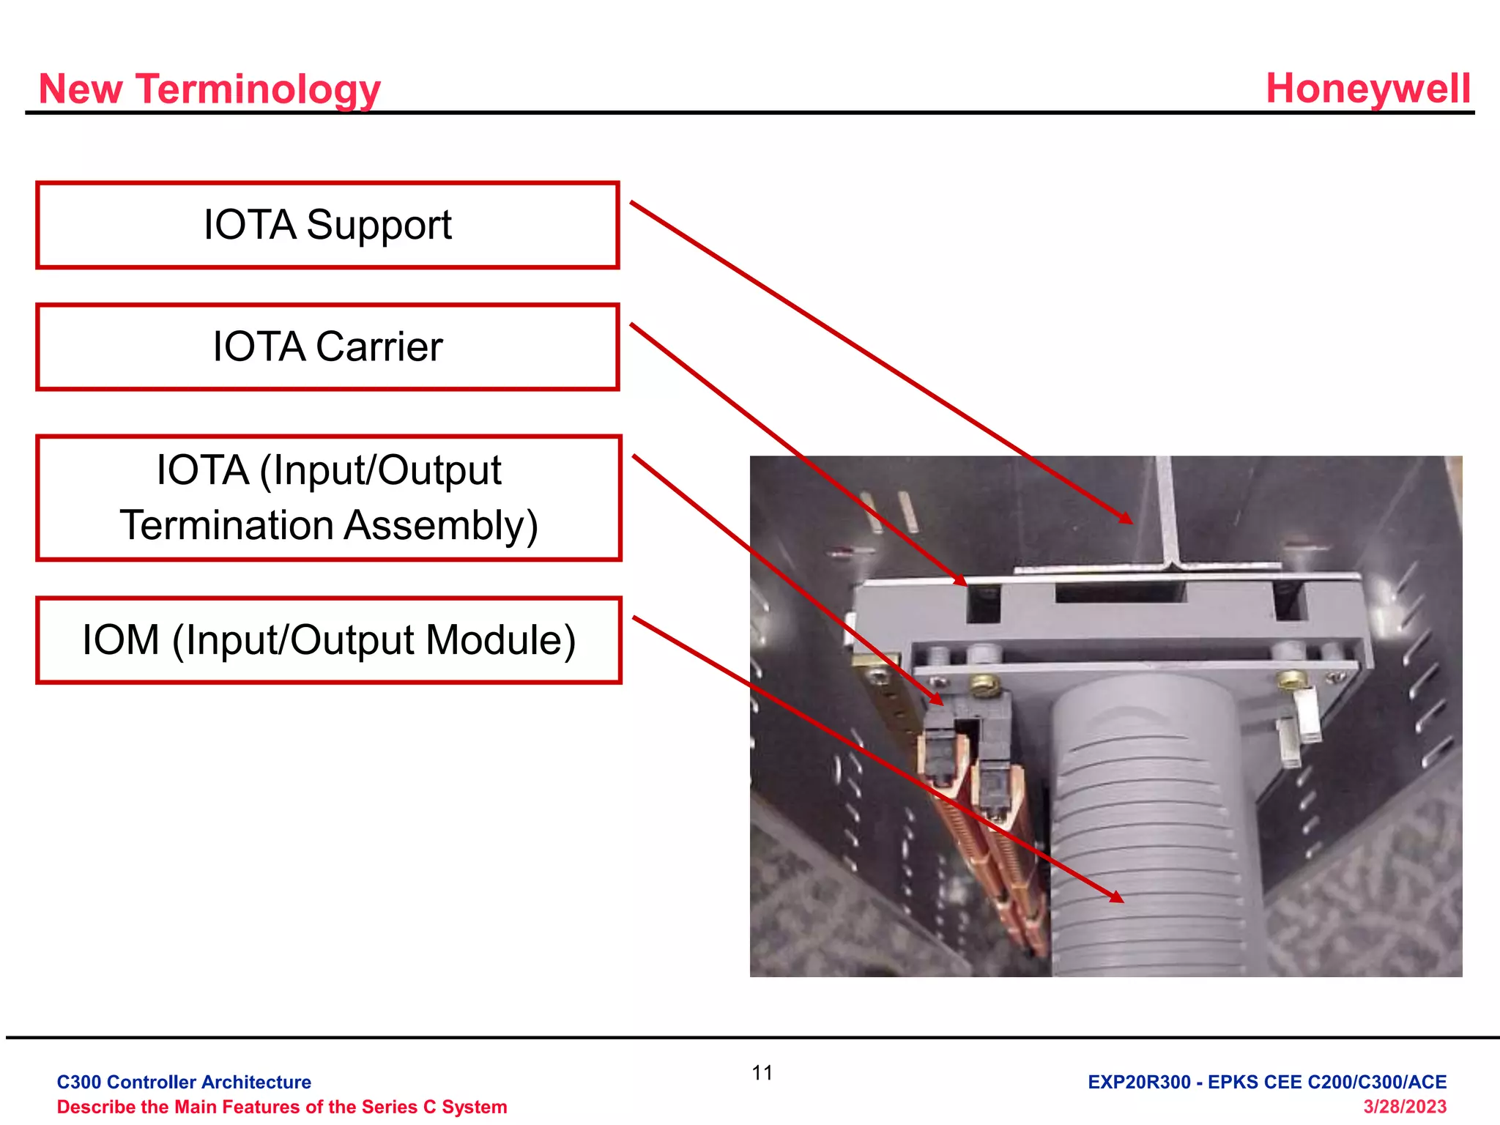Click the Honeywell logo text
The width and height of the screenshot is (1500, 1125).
(x=1367, y=89)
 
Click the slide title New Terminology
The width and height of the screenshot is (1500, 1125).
(x=209, y=89)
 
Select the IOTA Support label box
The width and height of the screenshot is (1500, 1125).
(x=327, y=226)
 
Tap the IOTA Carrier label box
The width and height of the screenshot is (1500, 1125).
(x=327, y=347)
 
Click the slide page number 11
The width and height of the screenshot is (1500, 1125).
(x=762, y=1073)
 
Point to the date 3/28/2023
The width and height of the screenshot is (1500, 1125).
(x=1404, y=1107)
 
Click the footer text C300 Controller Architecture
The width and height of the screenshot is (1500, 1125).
(x=184, y=1082)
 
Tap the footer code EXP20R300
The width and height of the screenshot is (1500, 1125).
(x=1139, y=1082)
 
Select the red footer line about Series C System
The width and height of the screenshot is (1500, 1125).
(x=282, y=1107)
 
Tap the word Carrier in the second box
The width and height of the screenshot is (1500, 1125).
(x=379, y=347)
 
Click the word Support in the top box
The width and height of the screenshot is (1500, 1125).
(x=379, y=226)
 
